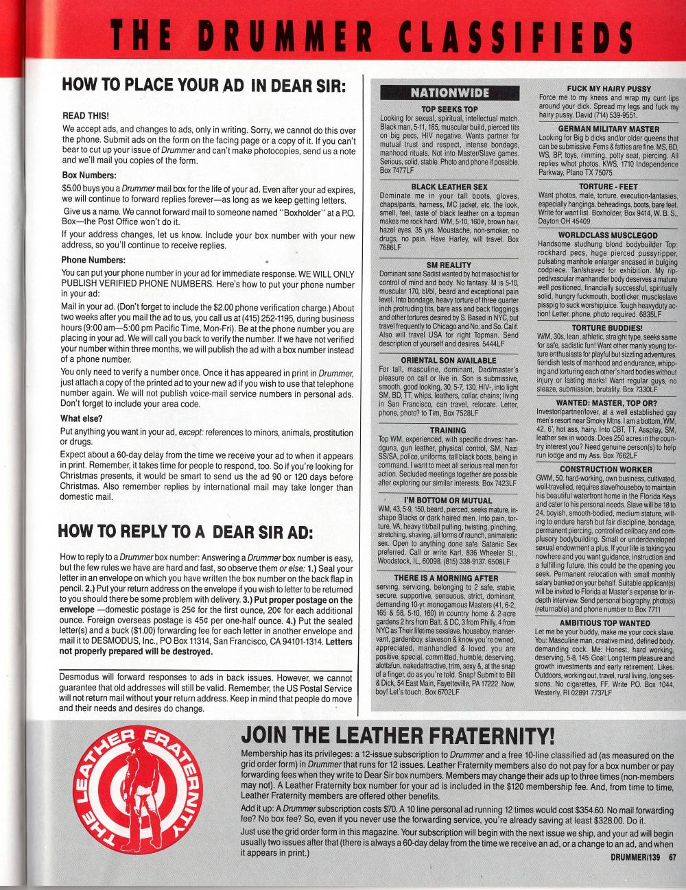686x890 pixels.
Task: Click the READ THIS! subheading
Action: [x=86, y=116]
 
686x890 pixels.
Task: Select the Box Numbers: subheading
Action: [x=89, y=175]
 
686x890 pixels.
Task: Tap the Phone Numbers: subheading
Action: [x=93, y=260]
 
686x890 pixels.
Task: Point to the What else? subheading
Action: [x=82, y=418]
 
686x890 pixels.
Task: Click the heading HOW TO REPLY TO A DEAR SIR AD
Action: [x=185, y=531]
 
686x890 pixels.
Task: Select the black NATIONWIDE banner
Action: [x=449, y=93]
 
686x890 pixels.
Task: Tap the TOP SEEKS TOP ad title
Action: [x=449, y=109]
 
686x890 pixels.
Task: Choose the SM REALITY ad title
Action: [x=449, y=265]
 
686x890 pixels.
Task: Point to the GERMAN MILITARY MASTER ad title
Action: [x=608, y=129]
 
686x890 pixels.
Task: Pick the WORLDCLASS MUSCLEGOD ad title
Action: [x=608, y=234]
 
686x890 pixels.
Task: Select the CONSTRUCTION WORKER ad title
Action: [x=606, y=470]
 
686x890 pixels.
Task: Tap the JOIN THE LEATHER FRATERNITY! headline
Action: [x=398, y=736]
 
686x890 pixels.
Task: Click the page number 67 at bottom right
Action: [x=673, y=856]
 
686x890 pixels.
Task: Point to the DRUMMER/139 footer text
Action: [x=635, y=856]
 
